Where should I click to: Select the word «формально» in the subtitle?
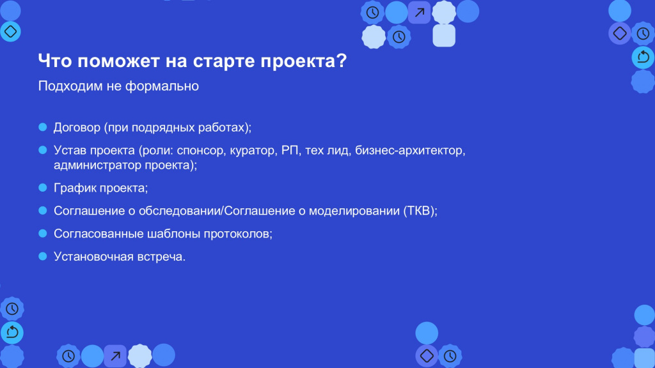pos(162,87)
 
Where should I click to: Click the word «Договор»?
pos(77,128)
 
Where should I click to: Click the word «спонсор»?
pos(201,151)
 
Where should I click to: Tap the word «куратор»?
pos(253,151)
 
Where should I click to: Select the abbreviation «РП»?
pos(290,150)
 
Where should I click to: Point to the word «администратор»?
pos(97,165)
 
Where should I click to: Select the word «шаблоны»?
pos(174,234)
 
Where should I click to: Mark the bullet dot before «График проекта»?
pos(43,188)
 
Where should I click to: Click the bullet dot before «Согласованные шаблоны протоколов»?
pos(43,233)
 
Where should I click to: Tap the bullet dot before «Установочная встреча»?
pos(43,256)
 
